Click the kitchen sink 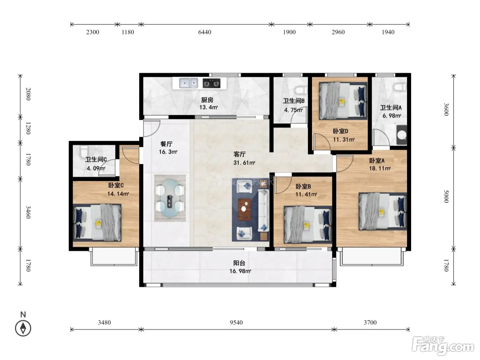pos(188,83)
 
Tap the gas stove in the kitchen pos(211,83)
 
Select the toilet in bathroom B pos(301,90)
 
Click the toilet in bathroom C pos(84,151)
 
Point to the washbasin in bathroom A pos(402,135)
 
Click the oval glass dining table pos(170,198)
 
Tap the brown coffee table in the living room pos(244,209)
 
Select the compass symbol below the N pos(23,328)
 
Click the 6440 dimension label pos(205,32)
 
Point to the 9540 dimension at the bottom pos(236,322)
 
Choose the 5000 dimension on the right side pos(446,196)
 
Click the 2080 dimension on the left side pos(28,94)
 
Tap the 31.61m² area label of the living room pos(244,163)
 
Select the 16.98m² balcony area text pos(240,271)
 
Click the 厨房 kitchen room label pos(207,100)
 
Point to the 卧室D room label pos(340,131)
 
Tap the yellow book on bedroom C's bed pos(99,224)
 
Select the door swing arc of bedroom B pos(284,185)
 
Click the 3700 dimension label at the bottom pos(370,322)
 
